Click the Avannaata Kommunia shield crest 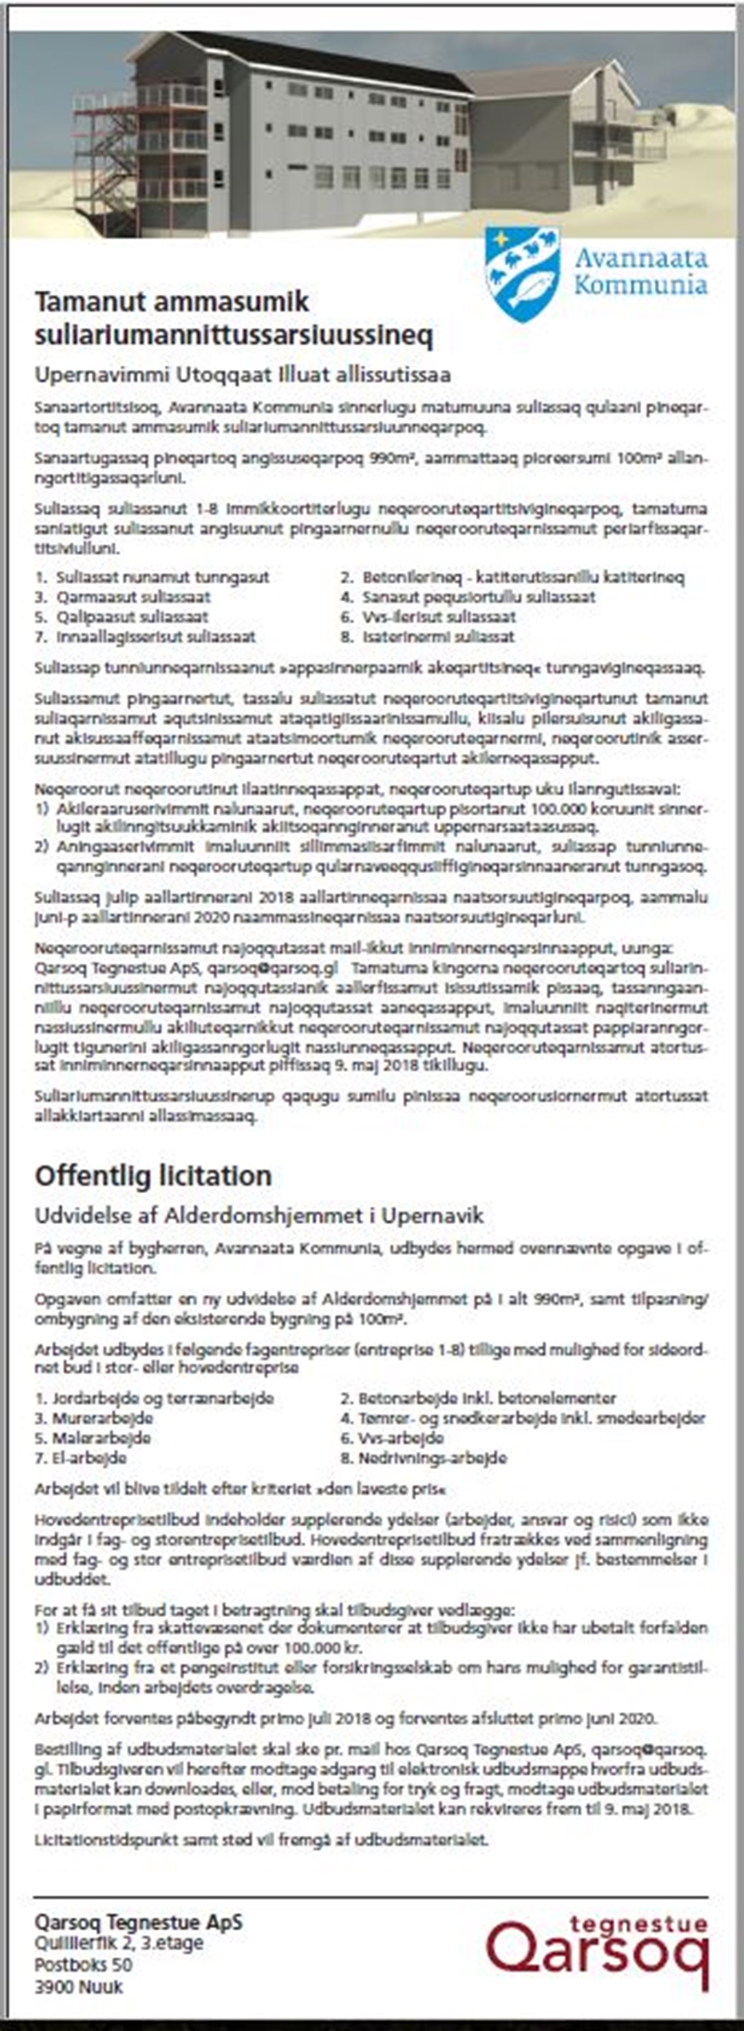pyautogui.click(x=521, y=273)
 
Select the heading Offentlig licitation pyautogui.click(x=153, y=1175)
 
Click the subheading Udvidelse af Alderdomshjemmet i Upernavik pyautogui.click(x=258, y=1215)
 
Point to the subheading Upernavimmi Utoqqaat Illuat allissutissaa pyautogui.click(x=242, y=374)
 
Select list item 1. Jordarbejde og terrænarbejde pyautogui.click(x=155, y=1399)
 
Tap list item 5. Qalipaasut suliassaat pyautogui.click(x=121, y=617)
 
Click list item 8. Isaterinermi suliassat pyautogui.click(x=427, y=636)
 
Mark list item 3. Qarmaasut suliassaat pyautogui.click(x=122, y=597)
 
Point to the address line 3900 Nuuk pyautogui.click(x=78, y=1987)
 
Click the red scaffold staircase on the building pyautogui.click(x=99, y=158)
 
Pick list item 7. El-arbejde pyautogui.click(x=80, y=1458)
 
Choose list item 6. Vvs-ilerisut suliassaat pyautogui.click(x=428, y=617)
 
